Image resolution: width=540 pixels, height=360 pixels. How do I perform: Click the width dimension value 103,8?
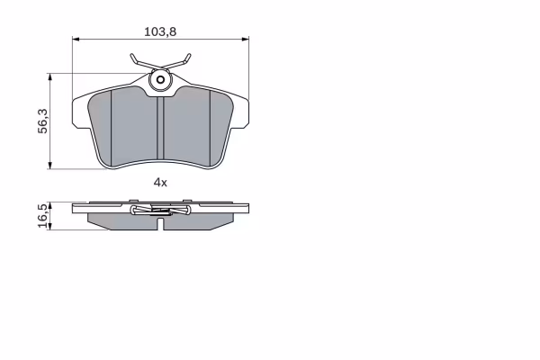(160, 31)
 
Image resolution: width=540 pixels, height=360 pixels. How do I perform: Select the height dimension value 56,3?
(42, 121)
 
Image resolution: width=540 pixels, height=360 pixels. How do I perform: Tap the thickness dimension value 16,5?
(42, 216)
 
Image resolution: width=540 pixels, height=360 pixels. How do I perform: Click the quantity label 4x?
(160, 182)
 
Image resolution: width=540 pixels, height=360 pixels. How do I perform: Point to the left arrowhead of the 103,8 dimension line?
(76, 40)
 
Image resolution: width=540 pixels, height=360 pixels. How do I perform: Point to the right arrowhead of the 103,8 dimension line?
(245, 40)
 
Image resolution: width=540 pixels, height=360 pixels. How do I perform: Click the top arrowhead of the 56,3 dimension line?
(50, 76)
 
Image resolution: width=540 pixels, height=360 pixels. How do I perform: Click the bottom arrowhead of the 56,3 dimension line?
(50, 166)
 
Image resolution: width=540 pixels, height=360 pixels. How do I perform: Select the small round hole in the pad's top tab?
(160, 80)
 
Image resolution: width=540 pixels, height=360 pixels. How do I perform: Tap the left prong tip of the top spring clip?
(131, 54)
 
